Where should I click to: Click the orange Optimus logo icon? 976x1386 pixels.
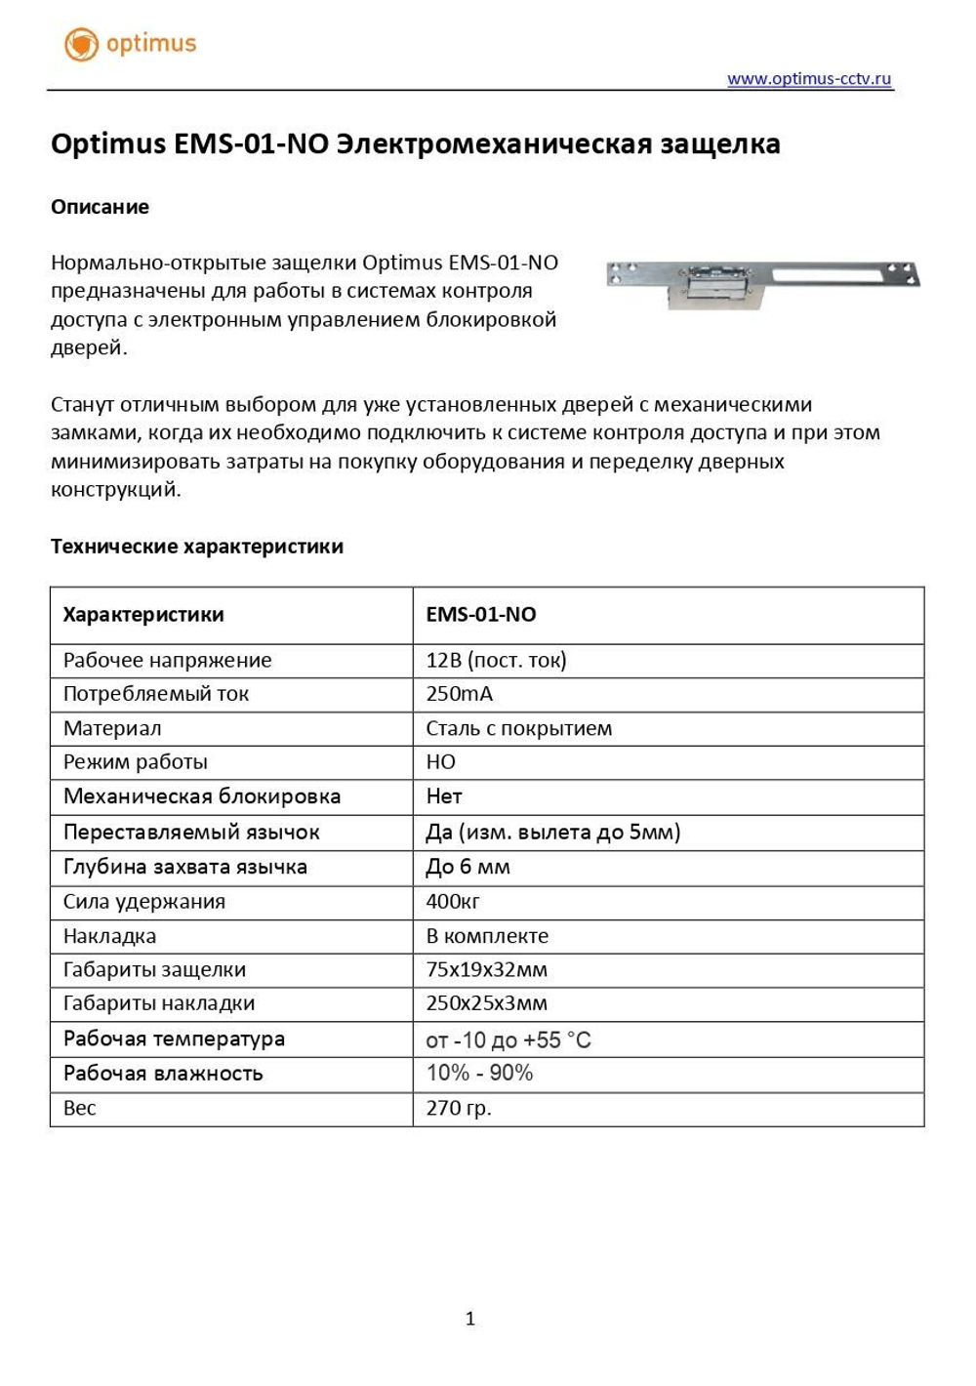coord(81,44)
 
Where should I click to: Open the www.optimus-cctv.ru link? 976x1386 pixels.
coord(809,79)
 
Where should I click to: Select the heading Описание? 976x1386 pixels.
coord(100,207)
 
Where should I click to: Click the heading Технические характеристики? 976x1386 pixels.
coord(196,547)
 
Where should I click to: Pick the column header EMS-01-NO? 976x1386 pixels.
coord(480,615)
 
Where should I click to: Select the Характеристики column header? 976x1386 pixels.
coord(143,615)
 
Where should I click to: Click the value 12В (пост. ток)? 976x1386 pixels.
coord(496,661)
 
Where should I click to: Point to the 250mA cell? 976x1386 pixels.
coord(459,694)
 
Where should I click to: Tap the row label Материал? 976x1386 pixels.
coord(112,728)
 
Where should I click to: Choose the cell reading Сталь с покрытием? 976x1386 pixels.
coord(518,728)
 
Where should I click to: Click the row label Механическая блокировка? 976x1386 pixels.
coord(202,796)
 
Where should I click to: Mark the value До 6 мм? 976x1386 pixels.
coord(468,867)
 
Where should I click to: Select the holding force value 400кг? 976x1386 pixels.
coord(452,902)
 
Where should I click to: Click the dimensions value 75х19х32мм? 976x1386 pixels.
coord(486,970)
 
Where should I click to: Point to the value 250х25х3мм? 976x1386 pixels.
coord(486,1003)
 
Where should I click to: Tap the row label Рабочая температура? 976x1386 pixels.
coord(174,1039)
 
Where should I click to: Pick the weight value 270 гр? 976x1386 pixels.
coord(458,1108)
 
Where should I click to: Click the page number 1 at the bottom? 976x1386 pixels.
coord(469,1319)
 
